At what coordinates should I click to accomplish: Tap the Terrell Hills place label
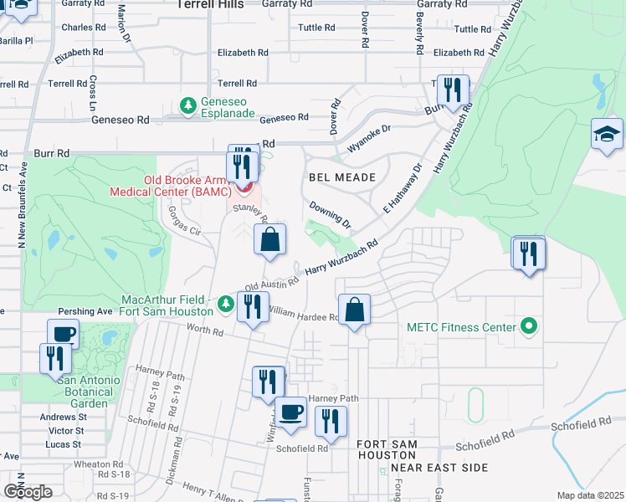tap(210, 5)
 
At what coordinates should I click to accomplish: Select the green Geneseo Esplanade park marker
tap(189, 105)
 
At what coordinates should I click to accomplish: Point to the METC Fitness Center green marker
tap(528, 326)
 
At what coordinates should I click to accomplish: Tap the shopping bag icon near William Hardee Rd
tap(355, 310)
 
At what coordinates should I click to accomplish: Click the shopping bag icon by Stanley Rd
tap(269, 240)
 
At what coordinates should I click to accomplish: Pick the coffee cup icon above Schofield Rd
tap(291, 412)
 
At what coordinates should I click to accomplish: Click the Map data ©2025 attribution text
tap(591, 495)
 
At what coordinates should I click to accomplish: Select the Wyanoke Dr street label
tap(369, 136)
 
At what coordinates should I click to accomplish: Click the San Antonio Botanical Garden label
tap(82, 392)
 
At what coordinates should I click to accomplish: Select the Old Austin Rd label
tap(272, 285)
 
